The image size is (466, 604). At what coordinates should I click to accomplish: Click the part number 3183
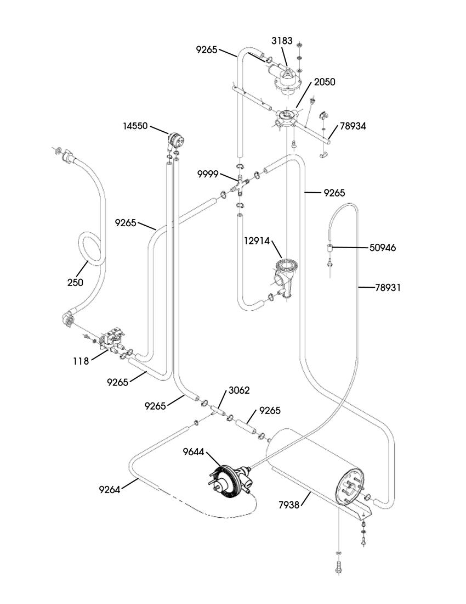282,41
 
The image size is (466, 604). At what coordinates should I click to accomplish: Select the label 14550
135,126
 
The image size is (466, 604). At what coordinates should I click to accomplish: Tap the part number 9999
208,174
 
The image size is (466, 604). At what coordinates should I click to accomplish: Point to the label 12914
257,241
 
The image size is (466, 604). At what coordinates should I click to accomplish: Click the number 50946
383,247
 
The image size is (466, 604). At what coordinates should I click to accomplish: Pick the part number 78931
388,287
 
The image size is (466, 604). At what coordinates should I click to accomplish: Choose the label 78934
353,126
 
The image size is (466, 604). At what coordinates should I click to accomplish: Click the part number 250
75,282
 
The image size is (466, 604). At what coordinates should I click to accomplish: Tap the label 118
81,361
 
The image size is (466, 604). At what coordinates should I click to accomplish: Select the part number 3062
239,390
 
